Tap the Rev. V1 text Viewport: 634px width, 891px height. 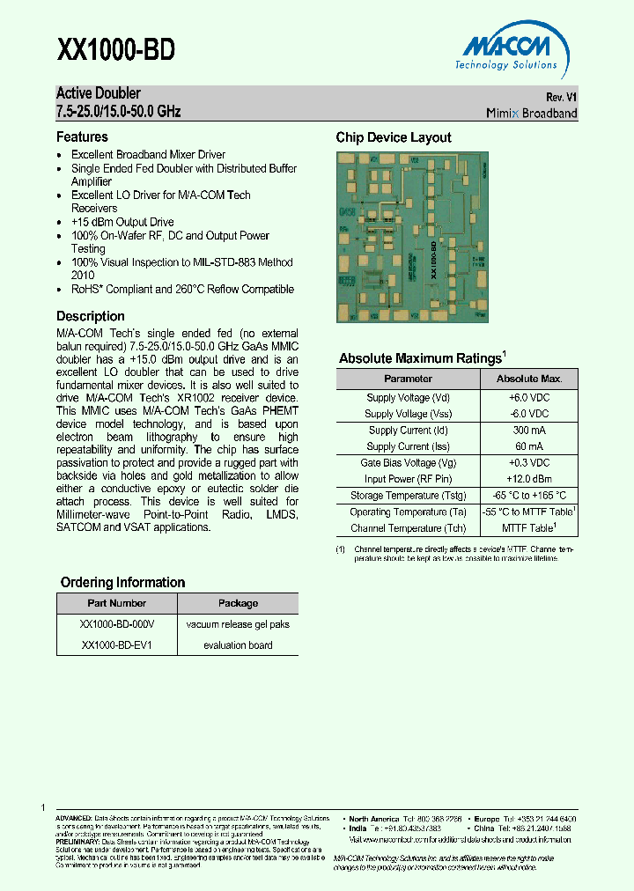(561, 97)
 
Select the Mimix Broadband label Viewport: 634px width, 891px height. (532, 113)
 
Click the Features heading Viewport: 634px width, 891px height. (82, 137)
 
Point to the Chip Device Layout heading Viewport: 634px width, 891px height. (394, 137)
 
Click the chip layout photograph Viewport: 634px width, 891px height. (413, 237)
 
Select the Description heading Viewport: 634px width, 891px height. (91, 316)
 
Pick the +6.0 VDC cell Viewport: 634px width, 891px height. (528, 398)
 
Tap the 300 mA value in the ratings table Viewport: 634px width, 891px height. (528, 431)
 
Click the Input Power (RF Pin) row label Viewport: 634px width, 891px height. (408, 479)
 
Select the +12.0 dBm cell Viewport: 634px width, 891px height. (528, 479)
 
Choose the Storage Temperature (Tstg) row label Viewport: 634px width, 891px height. (408, 496)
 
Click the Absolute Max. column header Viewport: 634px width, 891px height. (528, 379)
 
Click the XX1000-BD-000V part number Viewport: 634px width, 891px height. (117, 624)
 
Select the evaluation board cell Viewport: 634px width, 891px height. (238, 645)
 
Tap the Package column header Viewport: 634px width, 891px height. (238, 604)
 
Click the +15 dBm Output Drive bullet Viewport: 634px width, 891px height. (122, 222)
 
